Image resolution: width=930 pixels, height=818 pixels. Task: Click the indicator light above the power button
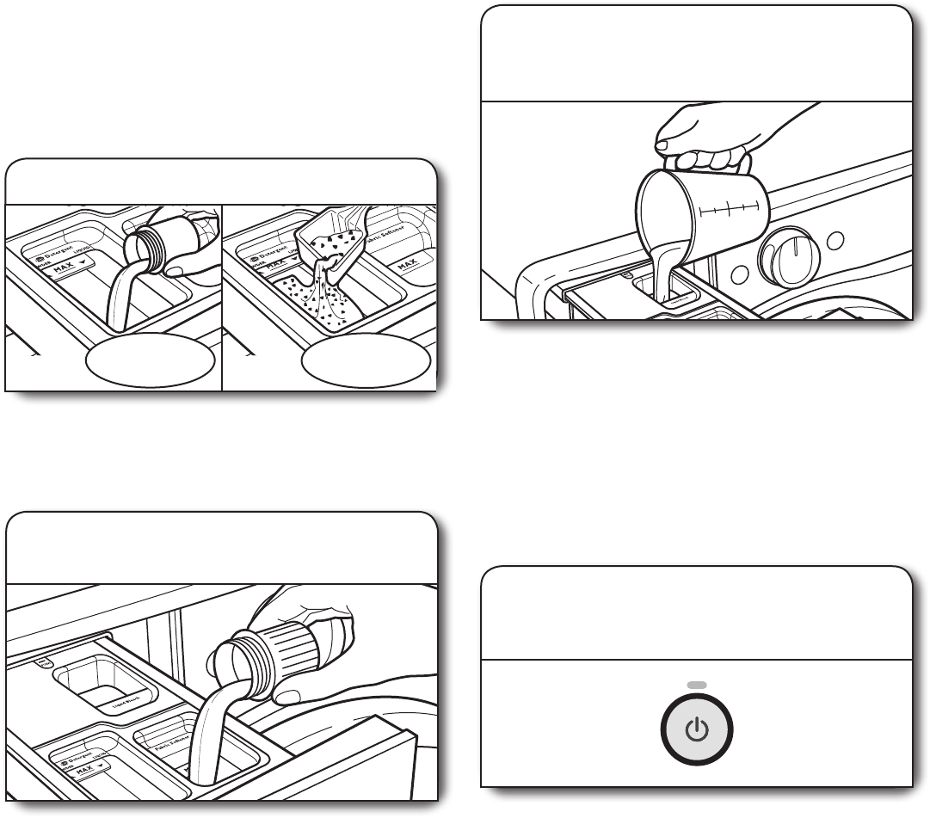(697, 685)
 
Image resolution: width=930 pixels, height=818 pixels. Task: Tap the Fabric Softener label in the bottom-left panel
(169, 736)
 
